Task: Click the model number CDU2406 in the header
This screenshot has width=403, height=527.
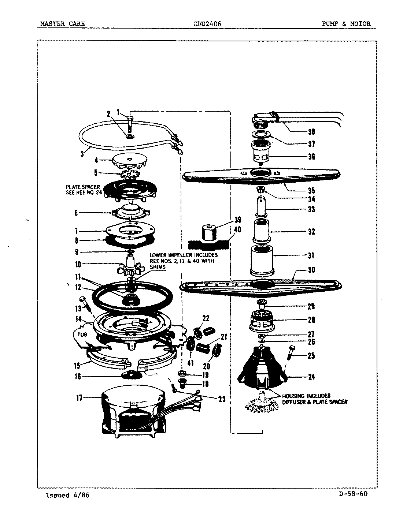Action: (207, 24)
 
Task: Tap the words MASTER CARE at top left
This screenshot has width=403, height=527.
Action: (62, 24)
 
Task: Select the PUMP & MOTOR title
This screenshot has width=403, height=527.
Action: (346, 24)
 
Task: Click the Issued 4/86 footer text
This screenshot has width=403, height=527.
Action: (67, 495)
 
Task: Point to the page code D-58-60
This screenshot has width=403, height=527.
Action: (351, 494)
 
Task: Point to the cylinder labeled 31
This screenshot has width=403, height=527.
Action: (262, 261)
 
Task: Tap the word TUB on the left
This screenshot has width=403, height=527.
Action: (81, 334)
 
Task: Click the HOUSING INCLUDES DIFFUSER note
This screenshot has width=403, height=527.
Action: (314, 399)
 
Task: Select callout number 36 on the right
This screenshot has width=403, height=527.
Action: (311, 157)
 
